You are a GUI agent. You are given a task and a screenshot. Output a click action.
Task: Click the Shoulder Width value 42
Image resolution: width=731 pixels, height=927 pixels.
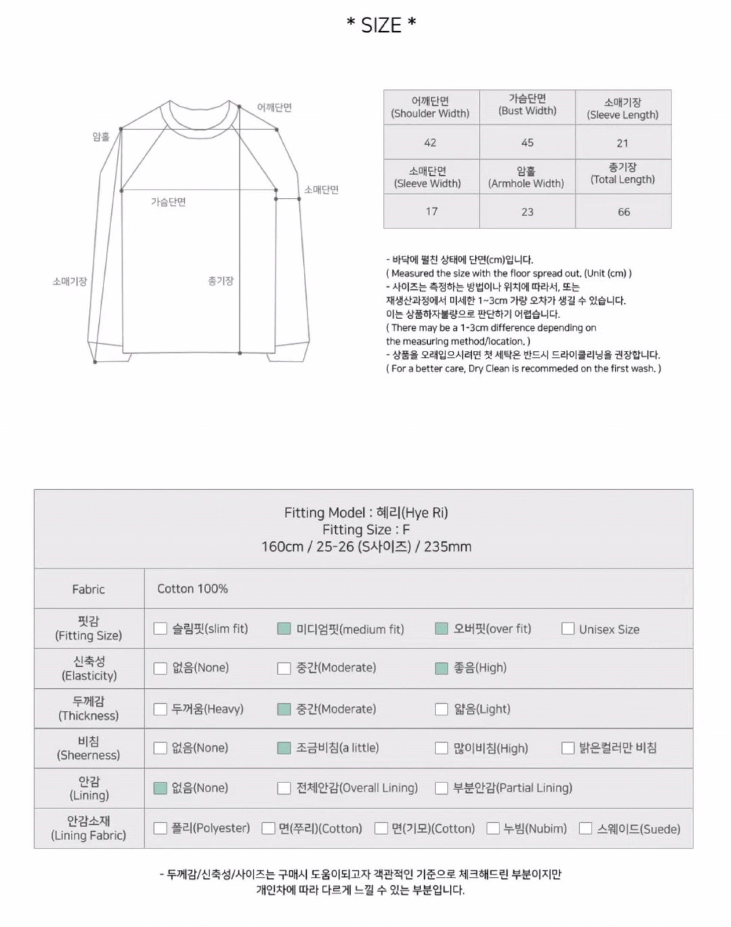coord(430,143)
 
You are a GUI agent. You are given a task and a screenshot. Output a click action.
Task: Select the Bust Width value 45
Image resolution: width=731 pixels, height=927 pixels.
coord(527,143)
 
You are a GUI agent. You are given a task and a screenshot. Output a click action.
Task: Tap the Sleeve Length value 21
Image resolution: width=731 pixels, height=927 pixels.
coord(622,143)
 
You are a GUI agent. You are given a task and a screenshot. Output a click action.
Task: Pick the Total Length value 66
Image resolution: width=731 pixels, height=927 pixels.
coord(624,212)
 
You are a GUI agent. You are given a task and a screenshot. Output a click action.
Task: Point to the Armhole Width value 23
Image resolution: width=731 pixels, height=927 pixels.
coord(527,212)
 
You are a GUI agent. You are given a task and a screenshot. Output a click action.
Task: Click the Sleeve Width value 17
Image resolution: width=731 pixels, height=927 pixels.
coord(432,211)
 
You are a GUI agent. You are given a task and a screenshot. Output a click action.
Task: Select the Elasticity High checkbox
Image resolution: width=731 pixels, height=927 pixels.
coord(441,668)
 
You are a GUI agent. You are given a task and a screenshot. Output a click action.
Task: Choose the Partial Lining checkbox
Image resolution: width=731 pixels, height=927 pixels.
coord(441,788)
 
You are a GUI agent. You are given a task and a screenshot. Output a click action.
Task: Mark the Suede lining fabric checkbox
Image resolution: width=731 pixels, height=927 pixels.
coord(585,828)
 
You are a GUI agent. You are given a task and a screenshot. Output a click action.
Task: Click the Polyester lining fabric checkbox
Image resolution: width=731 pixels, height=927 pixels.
coord(160,828)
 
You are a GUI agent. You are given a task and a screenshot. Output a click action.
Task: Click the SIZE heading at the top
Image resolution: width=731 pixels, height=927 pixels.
coord(381,25)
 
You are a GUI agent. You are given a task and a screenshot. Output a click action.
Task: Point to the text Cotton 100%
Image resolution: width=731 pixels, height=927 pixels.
coord(192,589)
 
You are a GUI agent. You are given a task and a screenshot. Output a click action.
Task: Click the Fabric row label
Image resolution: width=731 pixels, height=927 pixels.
coord(88,589)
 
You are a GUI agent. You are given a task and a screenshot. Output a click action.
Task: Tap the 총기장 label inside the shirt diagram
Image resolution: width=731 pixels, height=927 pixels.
coord(221,281)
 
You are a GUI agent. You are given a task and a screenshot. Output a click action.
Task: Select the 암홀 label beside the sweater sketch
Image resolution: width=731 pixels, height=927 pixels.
coord(101,137)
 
